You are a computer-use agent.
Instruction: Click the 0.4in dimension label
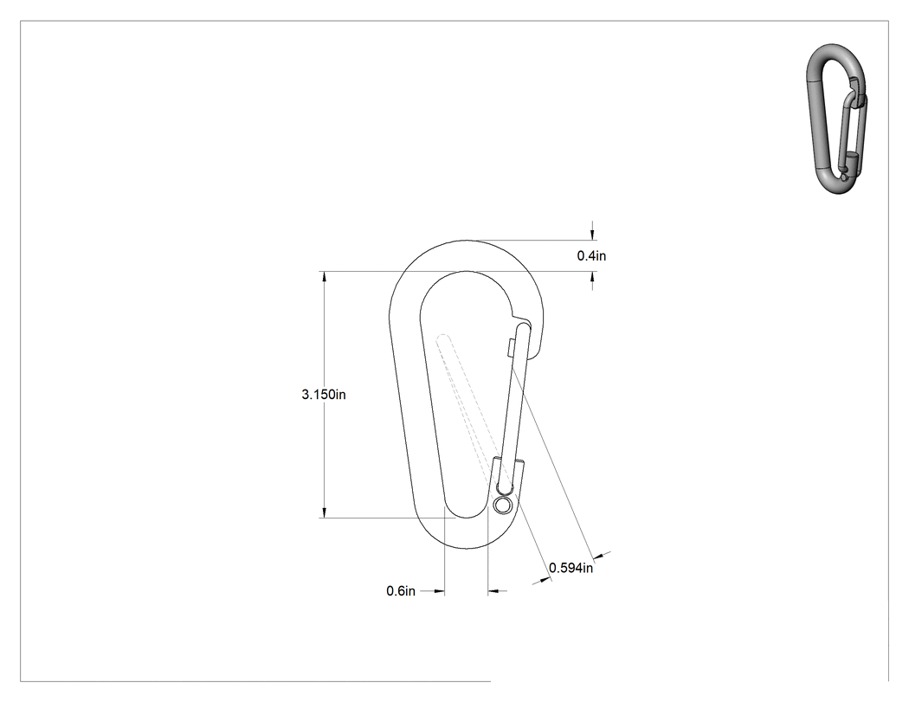coord(591,255)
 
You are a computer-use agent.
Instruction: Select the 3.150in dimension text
coord(324,395)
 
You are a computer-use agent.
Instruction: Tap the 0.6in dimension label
coord(401,591)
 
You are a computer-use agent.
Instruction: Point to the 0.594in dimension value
coord(571,568)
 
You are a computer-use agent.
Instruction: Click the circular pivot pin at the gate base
coord(503,506)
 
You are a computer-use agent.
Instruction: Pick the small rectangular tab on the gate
coord(510,347)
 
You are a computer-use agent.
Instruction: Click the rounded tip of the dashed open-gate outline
coord(443,338)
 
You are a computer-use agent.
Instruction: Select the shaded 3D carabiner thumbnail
coord(836,119)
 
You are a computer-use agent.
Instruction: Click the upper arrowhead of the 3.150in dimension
coord(324,276)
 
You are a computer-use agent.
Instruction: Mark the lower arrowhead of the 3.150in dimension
coord(324,512)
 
